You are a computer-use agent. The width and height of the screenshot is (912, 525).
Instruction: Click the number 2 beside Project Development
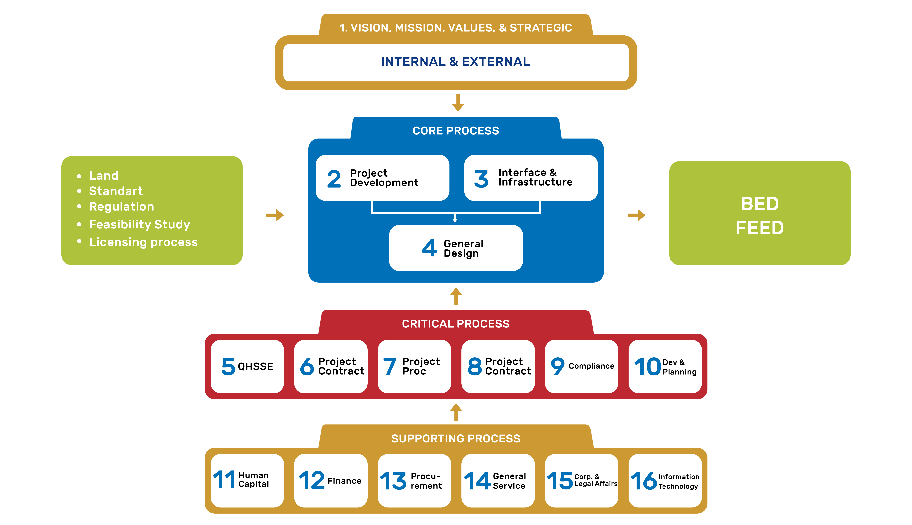[x=334, y=179]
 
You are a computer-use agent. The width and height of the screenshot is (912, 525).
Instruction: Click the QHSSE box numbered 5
[x=247, y=366]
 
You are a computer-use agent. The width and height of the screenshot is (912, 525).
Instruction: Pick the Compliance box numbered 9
[x=581, y=366]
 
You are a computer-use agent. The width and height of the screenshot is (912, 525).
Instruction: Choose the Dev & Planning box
[x=665, y=366]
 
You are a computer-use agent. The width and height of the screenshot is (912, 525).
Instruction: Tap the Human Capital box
[x=247, y=480]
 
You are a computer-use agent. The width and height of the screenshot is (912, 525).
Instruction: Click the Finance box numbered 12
[x=331, y=480]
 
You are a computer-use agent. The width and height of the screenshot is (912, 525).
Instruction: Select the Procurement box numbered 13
[x=414, y=480]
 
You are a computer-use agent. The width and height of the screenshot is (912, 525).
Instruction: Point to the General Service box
[x=498, y=480]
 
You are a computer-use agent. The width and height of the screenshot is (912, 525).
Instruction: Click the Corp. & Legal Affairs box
[x=581, y=480]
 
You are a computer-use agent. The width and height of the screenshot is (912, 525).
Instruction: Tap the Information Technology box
[x=665, y=480]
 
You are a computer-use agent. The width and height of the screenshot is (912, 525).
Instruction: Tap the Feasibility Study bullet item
[x=139, y=224]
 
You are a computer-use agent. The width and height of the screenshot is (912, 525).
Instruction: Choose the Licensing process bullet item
[x=143, y=242]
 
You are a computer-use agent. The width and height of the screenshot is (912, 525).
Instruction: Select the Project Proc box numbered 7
[x=414, y=366]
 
